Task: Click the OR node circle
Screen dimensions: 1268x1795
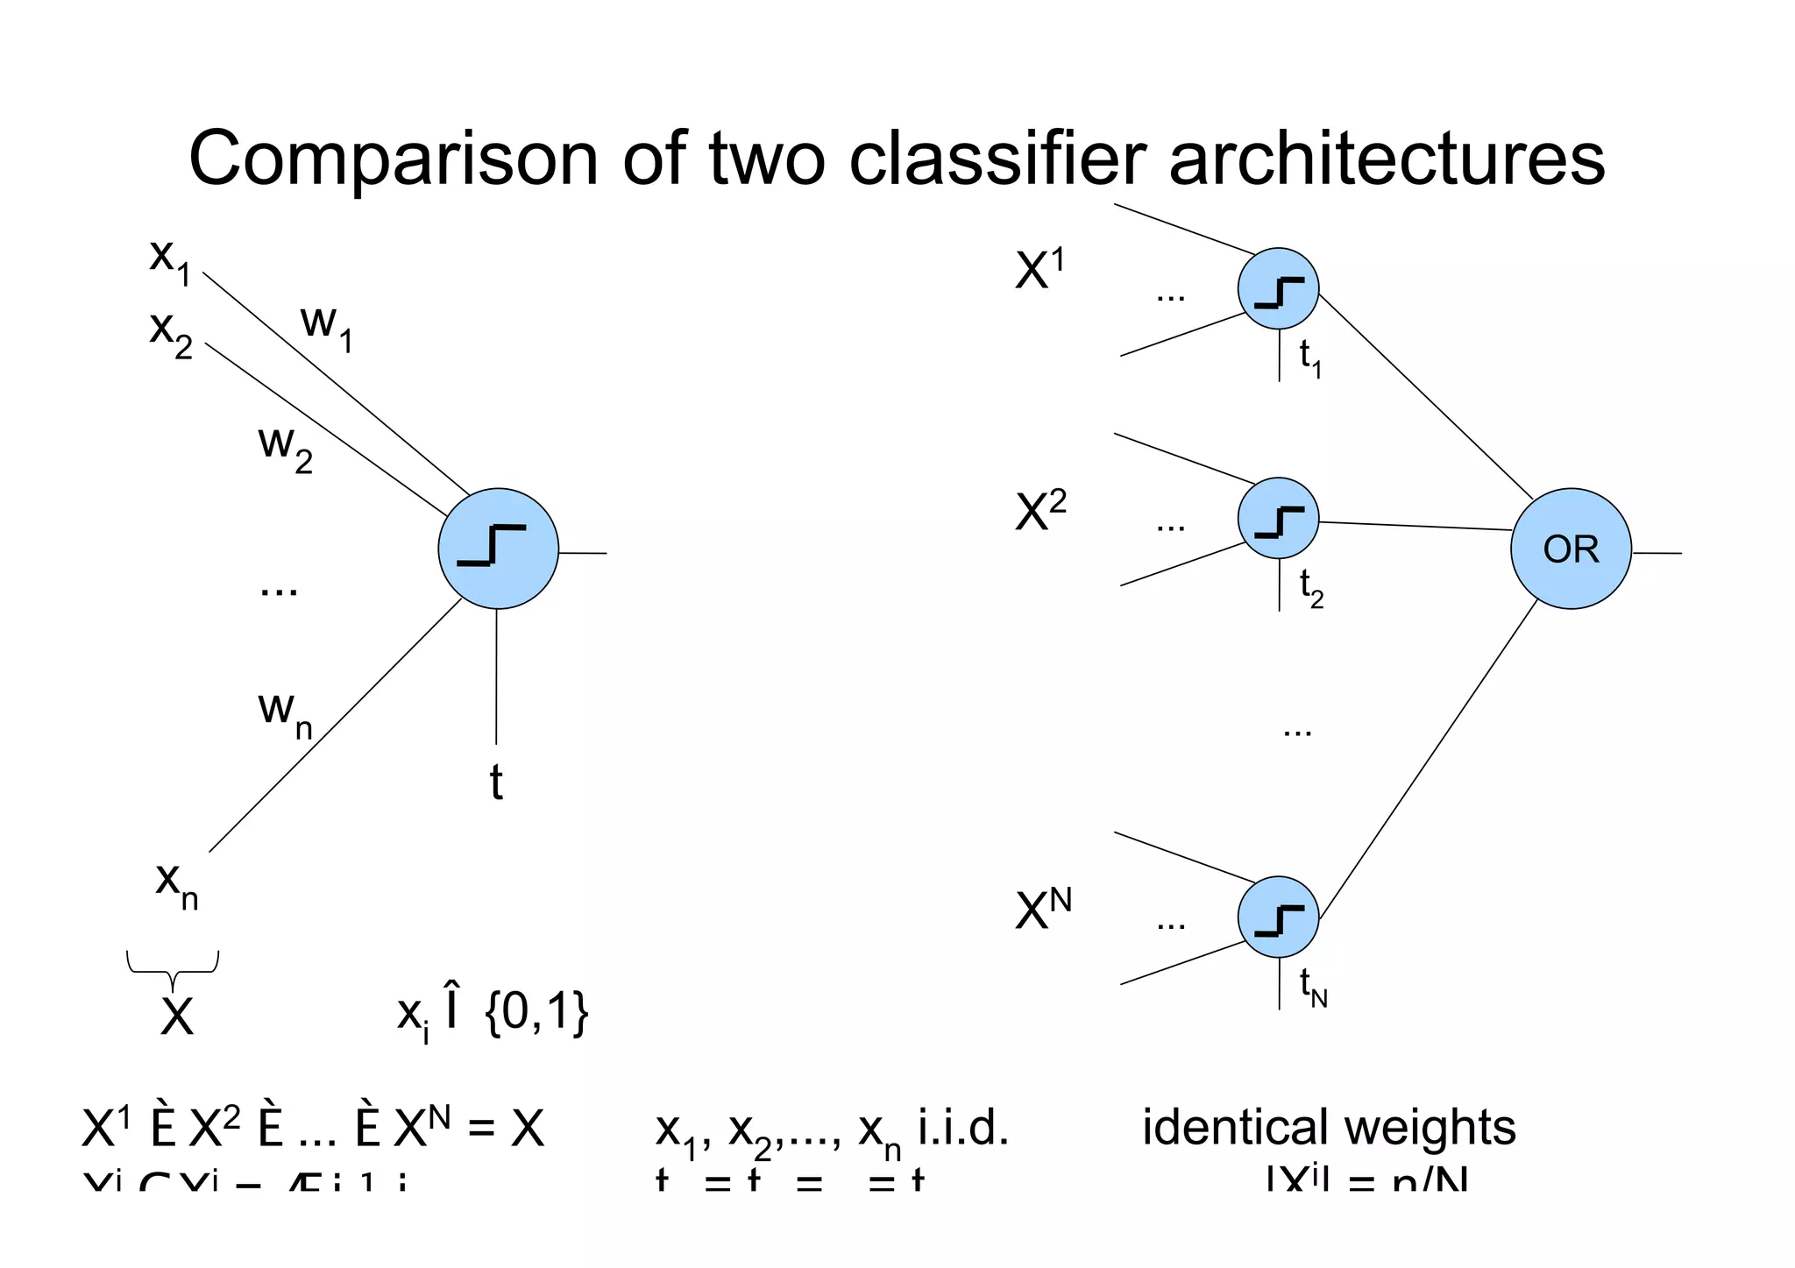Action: tap(1571, 549)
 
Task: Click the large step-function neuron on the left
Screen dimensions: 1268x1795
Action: tap(498, 549)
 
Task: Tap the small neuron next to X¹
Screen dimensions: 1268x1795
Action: tap(1278, 288)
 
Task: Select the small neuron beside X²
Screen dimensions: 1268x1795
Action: tap(1278, 519)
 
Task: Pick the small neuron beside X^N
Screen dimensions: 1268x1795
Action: tap(1278, 917)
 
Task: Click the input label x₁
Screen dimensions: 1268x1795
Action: tap(170, 259)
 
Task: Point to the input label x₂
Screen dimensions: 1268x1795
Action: tap(171, 333)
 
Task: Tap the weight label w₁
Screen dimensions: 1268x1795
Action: tap(326, 326)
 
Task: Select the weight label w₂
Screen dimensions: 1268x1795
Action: tap(285, 448)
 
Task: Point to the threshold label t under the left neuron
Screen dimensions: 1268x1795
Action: tap(496, 782)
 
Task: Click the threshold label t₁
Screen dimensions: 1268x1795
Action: tap(1310, 358)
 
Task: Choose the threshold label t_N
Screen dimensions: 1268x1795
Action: tap(1313, 988)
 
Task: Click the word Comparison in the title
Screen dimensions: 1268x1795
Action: tap(394, 159)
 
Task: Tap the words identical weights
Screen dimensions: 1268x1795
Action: tap(1329, 1127)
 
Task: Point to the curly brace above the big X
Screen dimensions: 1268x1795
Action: tap(173, 967)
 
